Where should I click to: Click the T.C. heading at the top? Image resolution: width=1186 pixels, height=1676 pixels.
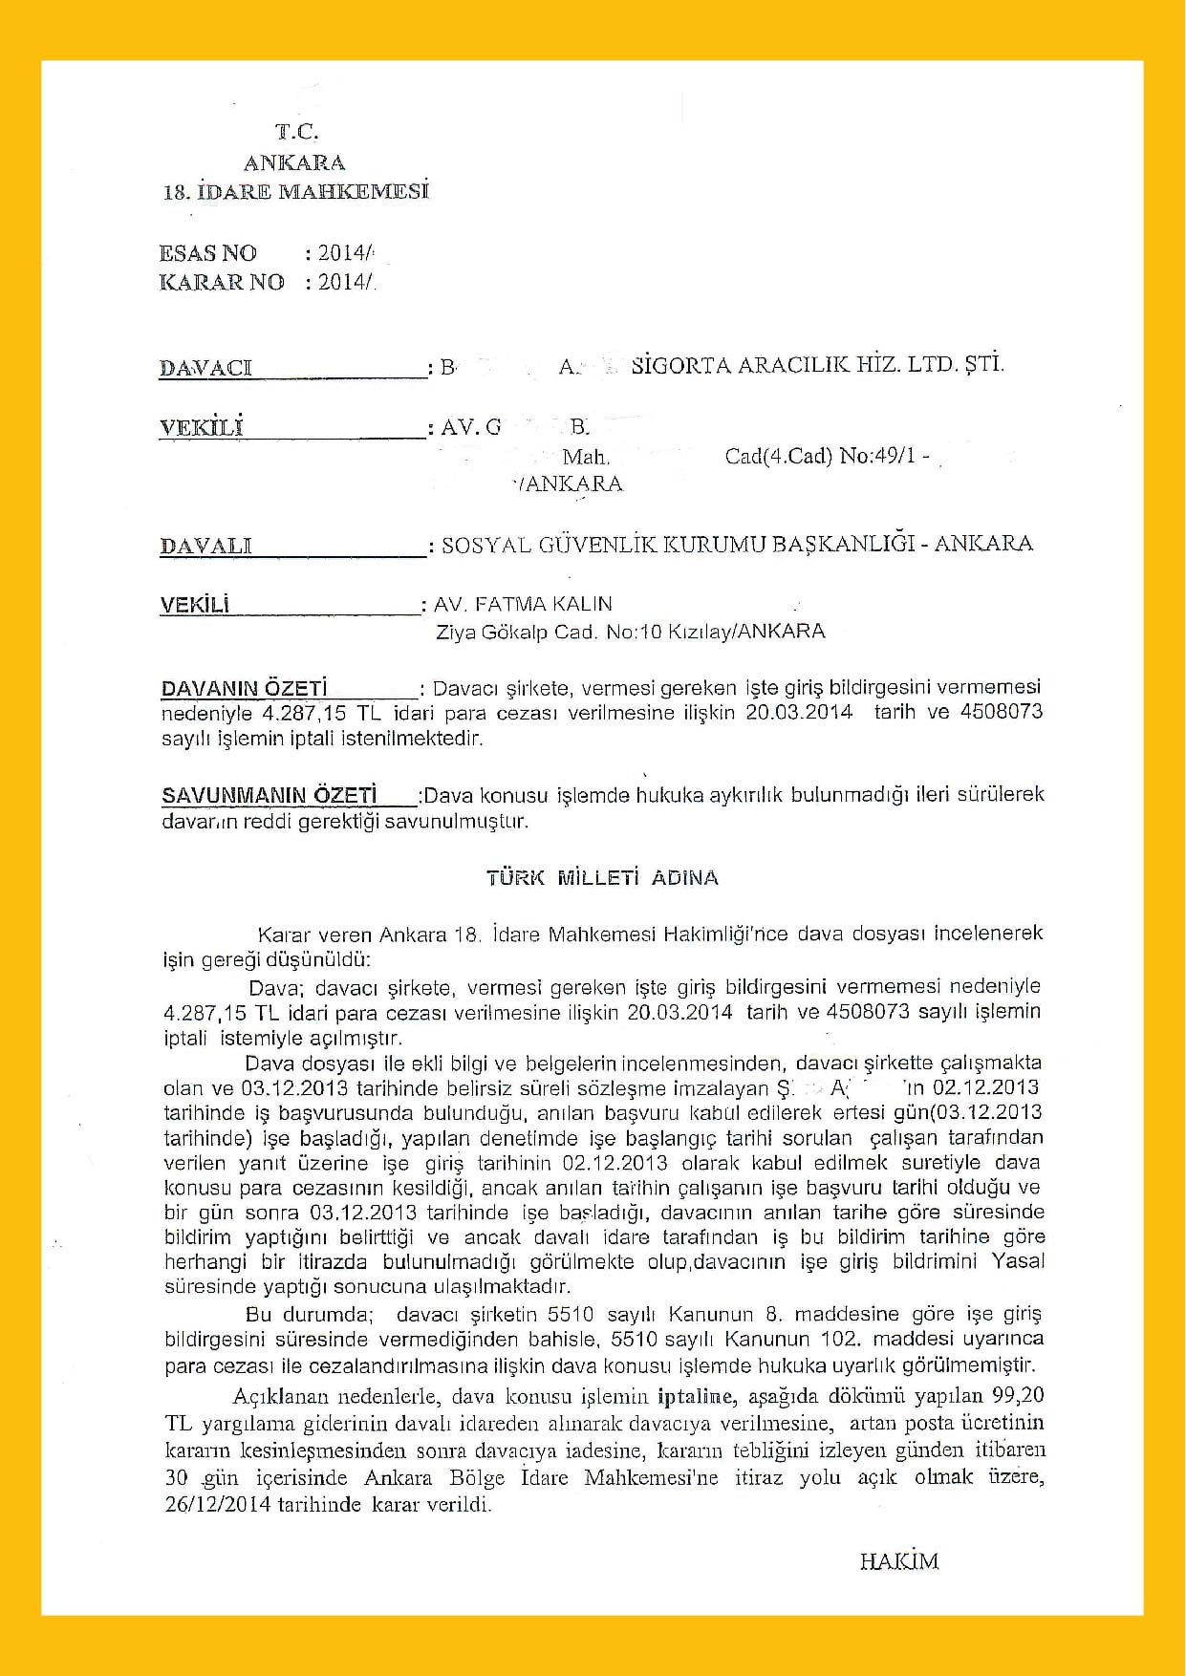[x=296, y=132]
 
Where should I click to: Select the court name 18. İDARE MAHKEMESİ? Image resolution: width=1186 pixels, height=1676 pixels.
[x=296, y=191]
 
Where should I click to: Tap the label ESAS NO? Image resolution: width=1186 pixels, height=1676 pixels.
[x=207, y=253]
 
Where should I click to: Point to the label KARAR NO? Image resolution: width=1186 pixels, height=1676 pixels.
[x=221, y=282]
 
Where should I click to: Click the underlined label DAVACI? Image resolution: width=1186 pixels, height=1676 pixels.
[x=205, y=368]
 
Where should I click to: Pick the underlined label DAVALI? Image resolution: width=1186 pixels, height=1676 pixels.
[x=205, y=547]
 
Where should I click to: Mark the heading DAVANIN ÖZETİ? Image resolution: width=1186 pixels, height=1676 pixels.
[x=244, y=688]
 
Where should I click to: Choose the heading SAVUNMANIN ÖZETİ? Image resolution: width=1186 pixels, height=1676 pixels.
[x=269, y=795]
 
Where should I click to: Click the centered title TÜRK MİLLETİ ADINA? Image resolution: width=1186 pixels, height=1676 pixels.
[x=602, y=877]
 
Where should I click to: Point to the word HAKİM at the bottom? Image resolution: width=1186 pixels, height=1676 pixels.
[x=898, y=1561]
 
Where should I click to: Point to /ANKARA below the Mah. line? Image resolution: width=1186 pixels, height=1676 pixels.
[x=568, y=483]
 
